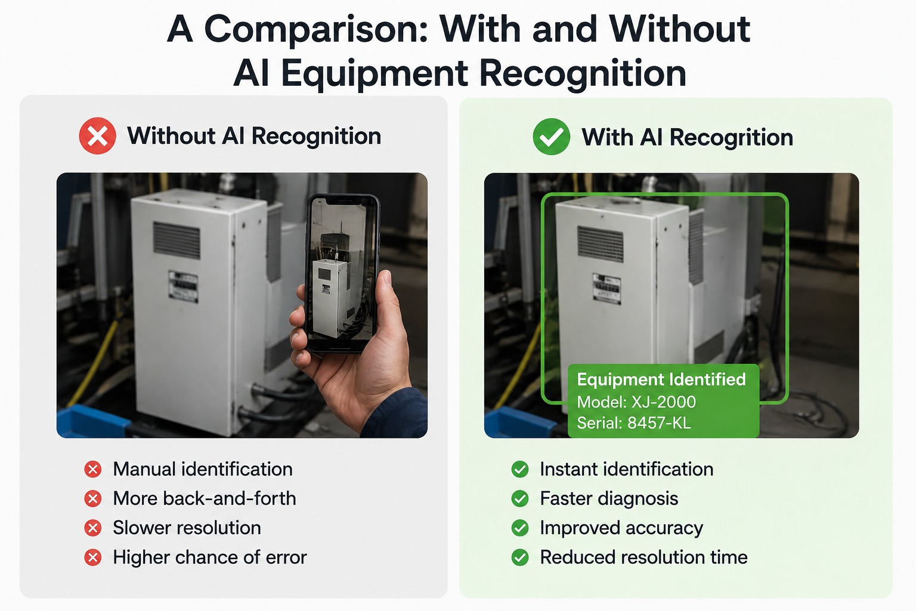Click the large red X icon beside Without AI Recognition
[x=97, y=136]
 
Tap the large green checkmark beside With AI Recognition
[x=551, y=137]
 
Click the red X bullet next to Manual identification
[x=93, y=469]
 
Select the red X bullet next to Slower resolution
[x=93, y=528]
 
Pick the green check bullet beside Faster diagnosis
[x=520, y=498]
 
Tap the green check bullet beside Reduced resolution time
[x=520, y=557]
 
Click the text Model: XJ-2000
[x=636, y=402]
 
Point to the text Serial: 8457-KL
[x=634, y=423]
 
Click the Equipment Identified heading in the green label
[x=661, y=379]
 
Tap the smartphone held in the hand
[x=343, y=273]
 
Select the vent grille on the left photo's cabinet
[x=177, y=240]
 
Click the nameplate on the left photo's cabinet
[x=184, y=286]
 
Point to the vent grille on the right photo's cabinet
[x=601, y=244]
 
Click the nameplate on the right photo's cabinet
[x=607, y=289]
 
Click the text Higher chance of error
[x=210, y=557]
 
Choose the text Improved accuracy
[x=621, y=528]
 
